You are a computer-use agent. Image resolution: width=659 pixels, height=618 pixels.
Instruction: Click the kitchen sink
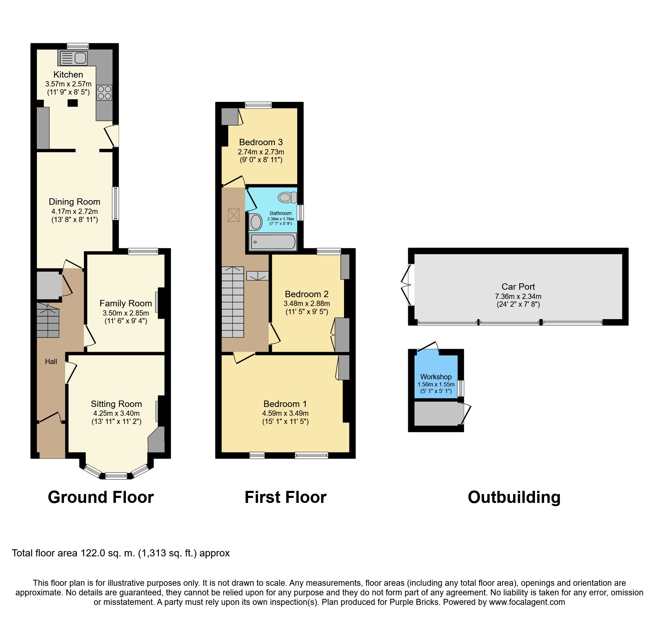coord(74,58)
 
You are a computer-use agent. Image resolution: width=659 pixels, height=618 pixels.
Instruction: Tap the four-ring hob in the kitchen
coord(105,92)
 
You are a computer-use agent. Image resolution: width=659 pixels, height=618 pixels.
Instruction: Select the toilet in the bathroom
coord(287,197)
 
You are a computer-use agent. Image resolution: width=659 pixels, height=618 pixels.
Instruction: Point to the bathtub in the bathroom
coord(273,242)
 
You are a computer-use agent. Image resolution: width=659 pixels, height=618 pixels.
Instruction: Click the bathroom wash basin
coord(255,222)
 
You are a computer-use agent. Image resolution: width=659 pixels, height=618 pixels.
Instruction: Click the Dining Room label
coord(74,202)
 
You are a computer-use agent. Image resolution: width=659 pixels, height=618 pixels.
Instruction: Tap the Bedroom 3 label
coord(261,142)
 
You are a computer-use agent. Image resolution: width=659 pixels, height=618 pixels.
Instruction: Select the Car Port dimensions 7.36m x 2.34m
coord(518,296)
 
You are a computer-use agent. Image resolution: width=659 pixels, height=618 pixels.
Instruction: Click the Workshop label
coord(436,377)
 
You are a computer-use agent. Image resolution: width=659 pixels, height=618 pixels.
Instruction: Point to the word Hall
coord(51,362)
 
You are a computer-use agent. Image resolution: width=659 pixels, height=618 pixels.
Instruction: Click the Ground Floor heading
coord(101,497)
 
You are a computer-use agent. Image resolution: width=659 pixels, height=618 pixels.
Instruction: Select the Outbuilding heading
coord(514,497)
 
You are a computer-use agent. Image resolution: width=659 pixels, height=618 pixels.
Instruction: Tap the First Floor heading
coord(285,497)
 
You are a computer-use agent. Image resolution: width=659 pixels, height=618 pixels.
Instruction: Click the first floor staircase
coord(233,302)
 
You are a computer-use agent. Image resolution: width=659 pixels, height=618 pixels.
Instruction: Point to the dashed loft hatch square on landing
coord(233,215)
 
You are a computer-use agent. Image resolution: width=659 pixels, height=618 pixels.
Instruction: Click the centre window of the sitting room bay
coord(116,476)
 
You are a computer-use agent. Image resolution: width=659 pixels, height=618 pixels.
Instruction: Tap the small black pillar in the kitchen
coord(73,103)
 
